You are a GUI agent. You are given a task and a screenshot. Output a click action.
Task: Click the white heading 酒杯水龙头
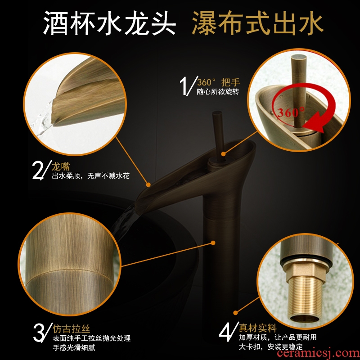coord(109,23)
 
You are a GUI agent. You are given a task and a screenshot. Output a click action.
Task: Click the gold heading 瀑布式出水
coord(257,23)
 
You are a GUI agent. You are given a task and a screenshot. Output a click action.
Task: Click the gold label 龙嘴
coord(61,166)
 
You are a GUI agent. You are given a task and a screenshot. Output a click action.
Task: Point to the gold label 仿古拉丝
coord(71,328)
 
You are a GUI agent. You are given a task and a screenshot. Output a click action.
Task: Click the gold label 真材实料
coord(257,328)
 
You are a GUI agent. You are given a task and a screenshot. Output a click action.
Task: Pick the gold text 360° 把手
coord(218,82)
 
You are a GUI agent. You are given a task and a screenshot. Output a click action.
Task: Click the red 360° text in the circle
coord(291,112)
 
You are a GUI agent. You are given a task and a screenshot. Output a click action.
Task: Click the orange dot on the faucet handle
coord(223,154)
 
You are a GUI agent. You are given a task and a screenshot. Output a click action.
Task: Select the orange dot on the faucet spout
coord(148,184)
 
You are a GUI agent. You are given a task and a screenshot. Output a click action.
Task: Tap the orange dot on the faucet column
coord(213,243)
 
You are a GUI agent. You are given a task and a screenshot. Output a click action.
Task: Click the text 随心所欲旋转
coord(218,92)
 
